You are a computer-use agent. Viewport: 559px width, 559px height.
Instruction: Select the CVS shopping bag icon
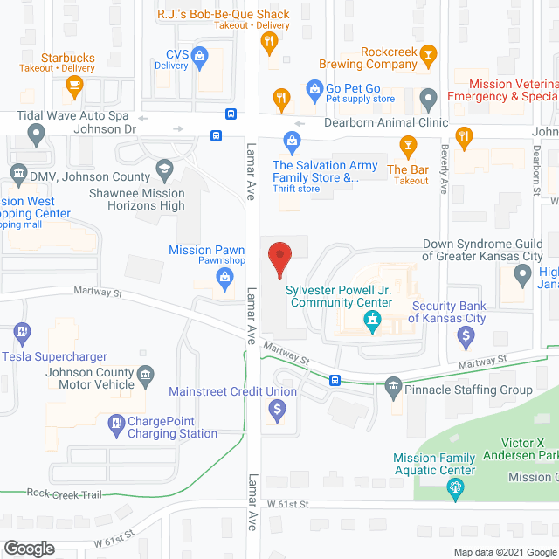point(200,58)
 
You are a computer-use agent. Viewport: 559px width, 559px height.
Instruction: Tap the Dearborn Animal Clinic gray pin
point(428,97)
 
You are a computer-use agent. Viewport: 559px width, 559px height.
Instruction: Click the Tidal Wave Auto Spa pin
point(36,135)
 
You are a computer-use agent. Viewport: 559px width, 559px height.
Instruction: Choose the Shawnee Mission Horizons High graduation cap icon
point(163,169)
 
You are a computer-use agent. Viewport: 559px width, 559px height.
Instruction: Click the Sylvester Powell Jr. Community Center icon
point(373,324)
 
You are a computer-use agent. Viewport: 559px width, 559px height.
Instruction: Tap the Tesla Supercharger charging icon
point(22,332)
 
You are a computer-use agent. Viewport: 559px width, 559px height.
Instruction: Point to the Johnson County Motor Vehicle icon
point(146,374)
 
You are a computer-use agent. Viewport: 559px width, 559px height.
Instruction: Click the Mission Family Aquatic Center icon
point(454,490)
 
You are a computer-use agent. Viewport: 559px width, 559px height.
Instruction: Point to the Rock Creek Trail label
point(64,494)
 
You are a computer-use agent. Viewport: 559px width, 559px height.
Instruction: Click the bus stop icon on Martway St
point(335,380)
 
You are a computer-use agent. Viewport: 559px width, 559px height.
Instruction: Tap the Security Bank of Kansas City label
point(448,312)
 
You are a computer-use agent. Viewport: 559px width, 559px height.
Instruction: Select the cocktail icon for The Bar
point(407,145)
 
